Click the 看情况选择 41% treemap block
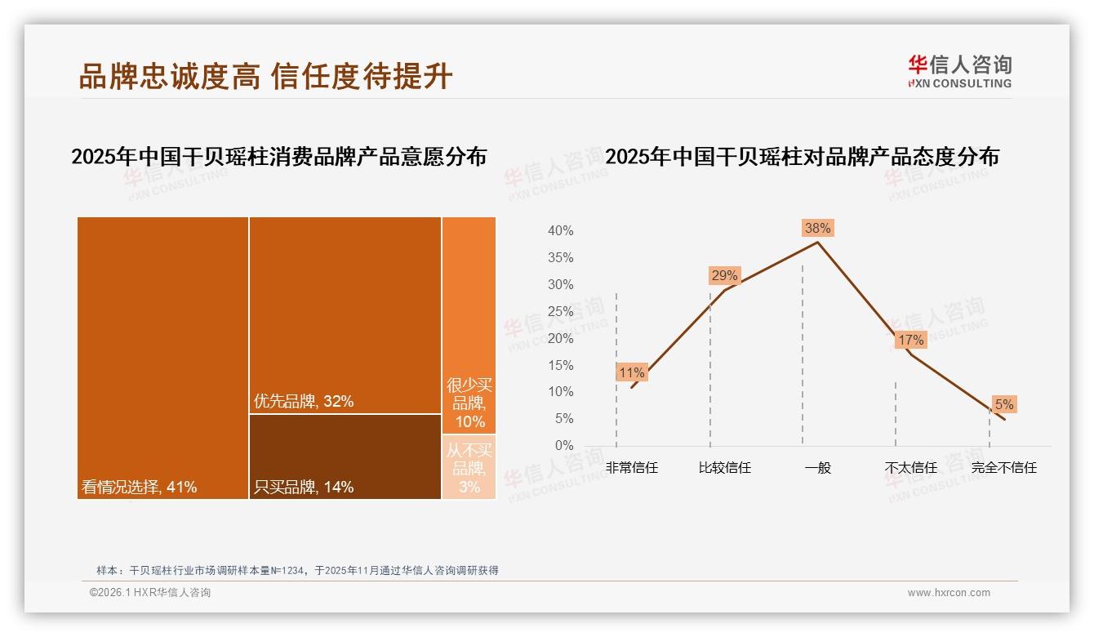[162, 358]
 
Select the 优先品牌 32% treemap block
[345, 315]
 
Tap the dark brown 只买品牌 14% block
[345, 456]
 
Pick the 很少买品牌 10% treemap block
[469, 325]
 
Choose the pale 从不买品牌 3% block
[469, 467]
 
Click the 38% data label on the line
[817, 229]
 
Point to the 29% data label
[724, 275]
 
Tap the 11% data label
[632, 372]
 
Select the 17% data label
[910, 340]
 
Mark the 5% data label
[1003, 404]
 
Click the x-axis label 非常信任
[632, 468]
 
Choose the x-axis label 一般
[817, 468]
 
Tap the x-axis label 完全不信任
[1003, 468]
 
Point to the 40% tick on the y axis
[560, 231]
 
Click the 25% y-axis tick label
[560, 311]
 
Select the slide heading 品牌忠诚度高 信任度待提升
[265, 76]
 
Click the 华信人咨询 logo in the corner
[959, 72]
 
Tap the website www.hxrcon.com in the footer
[949, 593]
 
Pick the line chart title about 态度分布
[802, 157]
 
